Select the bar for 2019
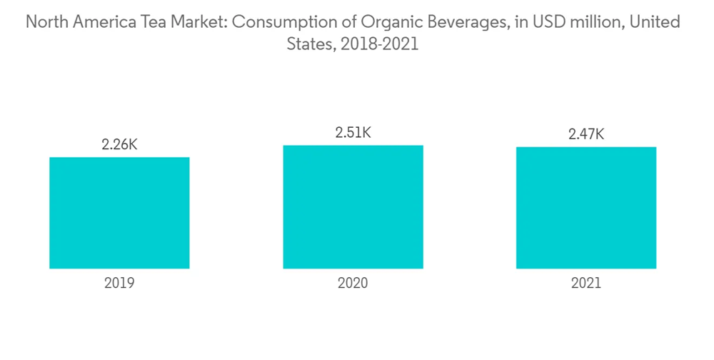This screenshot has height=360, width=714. pos(119,213)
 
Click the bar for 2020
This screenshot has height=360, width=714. pos(353,207)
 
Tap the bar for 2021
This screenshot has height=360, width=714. pos(586,208)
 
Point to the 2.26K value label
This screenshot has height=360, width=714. pos(119,145)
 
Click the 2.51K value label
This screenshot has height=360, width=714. pos(353,133)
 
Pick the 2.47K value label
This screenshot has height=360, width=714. pos(586,134)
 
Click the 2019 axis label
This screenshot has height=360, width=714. pos(119,283)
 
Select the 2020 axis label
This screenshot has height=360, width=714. pos(353,283)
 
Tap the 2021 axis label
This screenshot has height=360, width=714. pos(586,283)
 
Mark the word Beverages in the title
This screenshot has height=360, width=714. pos(445,23)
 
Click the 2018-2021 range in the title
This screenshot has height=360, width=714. pos(377,44)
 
